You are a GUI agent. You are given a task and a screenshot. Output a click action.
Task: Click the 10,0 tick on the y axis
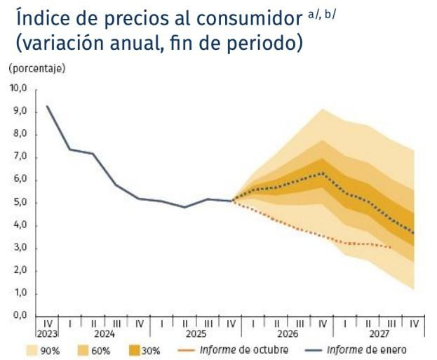pyautogui.click(x=17, y=88)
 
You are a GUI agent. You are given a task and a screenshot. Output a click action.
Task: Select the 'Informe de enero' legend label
pyautogui.click(x=369, y=349)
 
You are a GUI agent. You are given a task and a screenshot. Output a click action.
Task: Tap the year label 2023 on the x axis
pyautogui.click(x=47, y=334)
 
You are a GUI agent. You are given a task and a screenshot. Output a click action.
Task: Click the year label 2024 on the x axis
pyautogui.click(x=104, y=334)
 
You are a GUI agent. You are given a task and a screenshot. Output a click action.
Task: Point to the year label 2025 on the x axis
pyautogui.click(x=195, y=334)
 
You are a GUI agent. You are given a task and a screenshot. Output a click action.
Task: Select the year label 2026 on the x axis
pyautogui.click(x=287, y=334)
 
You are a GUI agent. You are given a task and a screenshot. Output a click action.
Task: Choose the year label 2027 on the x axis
pyautogui.click(x=379, y=334)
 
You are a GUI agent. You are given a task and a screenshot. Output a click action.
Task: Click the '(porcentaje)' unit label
pyautogui.click(x=36, y=69)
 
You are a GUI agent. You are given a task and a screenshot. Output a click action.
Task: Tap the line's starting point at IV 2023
pyautogui.click(x=47, y=106)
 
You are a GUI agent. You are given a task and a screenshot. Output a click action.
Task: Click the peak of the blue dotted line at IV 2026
pyautogui.click(x=322, y=173)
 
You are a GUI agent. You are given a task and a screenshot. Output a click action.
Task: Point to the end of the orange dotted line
pyautogui.click(x=391, y=247)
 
